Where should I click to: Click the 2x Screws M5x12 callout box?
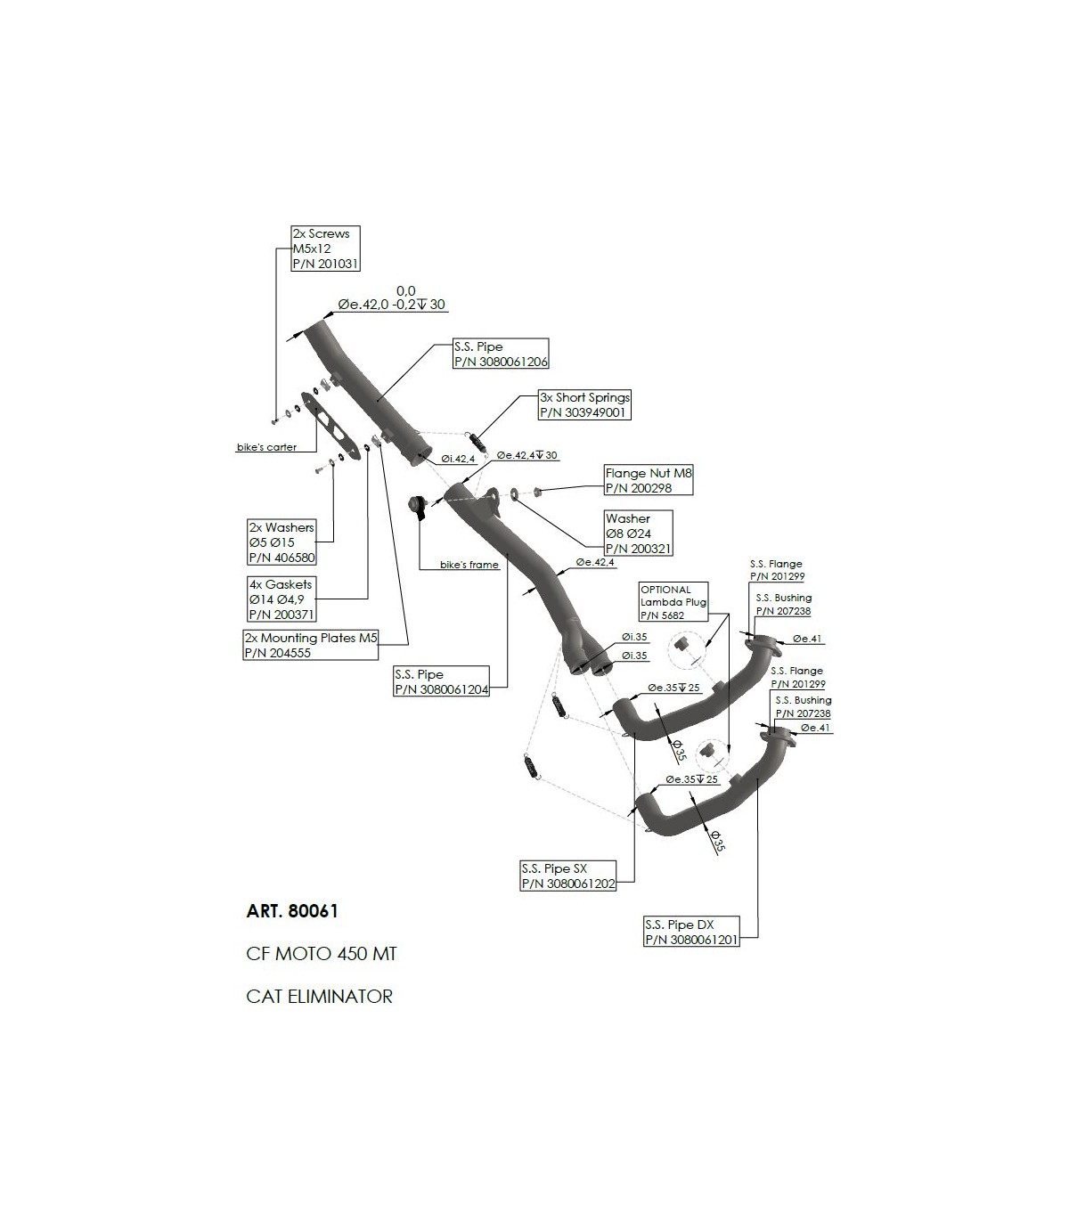pyautogui.click(x=325, y=248)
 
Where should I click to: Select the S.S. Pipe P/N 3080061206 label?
pyautogui.click(x=500, y=354)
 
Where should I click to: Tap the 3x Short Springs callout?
pyautogui.click(x=584, y=405)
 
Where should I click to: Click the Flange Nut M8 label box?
pyautogui.click(x=648, y=481)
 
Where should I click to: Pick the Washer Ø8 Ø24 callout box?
pyautogui.click(x=638, y=533)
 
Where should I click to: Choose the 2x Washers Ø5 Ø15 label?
pyautogui.click(x=282, y=542)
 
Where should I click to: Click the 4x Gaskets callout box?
pyautogui.click(x=282, y=599)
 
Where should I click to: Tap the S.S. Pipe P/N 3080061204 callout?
pyautogui.click(x=442, y=681)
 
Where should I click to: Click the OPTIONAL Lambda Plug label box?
pyautogui.click(x=673, y=602)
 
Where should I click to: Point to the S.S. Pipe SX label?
pyautogui.click(x=567, y=876)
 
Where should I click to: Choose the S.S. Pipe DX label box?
pyautogui.click(x=691, y=932)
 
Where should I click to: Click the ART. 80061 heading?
pyautogui.click(x=292, y=912)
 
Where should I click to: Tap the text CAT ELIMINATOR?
pyautogui.click(x=319, y=996)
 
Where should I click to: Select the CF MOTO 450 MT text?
pyautogui.click(x=321, y=954)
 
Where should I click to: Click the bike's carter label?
pyautogui.click(x=267, y=447)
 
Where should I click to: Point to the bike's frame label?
pyautogui.click(x=469, y=565)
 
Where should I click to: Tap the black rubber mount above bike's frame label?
pyautogui.click(x=415, y=507)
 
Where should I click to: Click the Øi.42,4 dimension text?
pyautogui.click(x=459, y=459)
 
